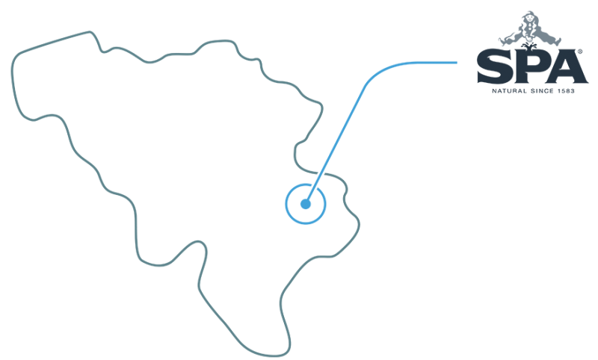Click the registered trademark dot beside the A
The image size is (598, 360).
coord(580,53)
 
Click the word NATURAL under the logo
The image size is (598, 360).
coord(507,90)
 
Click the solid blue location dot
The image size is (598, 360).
coord(305,203)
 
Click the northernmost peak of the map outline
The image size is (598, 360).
coord(90,31)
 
